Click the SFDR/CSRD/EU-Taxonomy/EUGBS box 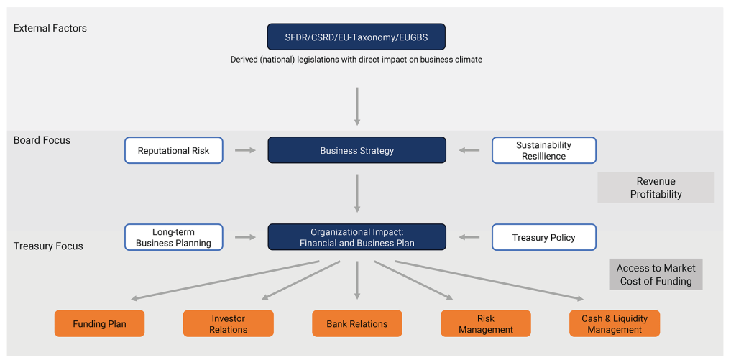tap(356, 37)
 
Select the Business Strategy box tap(356, 150)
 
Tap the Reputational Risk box tap(174, 150)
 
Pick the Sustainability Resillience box tap(544, 150)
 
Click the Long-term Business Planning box tap(174, 237)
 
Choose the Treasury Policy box tap(544, 237)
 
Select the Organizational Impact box tap(356, 237)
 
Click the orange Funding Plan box tap(99, 323)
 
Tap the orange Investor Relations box tap(228, 323)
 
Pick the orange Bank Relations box tap(357, 323)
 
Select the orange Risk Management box tap(486, 323)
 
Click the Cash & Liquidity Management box tap(615, 323)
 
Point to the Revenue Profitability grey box tap(655, 188)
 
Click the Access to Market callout tap(655, 274)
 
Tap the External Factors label tap(50, 28)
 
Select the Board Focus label tap(42, 140)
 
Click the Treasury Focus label tap(48, 246)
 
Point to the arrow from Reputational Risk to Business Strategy tap(246, 150)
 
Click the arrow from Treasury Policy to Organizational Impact tap(469, 237)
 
